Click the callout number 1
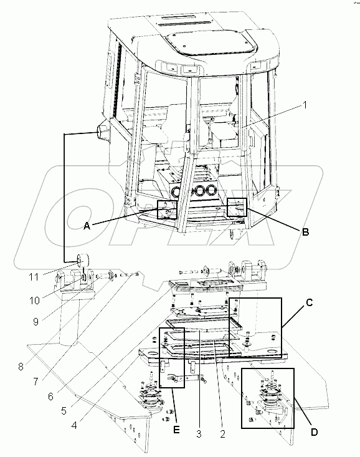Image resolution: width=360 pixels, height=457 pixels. tap(305, 105)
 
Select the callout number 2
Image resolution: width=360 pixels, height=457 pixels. tap(222, 434)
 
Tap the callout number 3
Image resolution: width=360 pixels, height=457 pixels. tap(199, 434)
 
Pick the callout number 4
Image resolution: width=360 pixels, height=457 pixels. tap(74, 426)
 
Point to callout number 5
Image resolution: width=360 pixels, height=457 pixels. tap(64, 411)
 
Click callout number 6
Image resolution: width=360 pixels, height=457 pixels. tap(50, 397)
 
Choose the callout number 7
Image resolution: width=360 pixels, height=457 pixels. tap(36, 382)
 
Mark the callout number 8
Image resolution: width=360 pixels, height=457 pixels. tap(21, 367)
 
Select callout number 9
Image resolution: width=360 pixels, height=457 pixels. tap(36, 322)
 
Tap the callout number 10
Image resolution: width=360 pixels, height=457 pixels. tap(34, 301)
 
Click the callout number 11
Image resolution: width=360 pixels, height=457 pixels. tap(34, 277)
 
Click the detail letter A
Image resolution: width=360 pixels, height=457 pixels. tap(87, 226)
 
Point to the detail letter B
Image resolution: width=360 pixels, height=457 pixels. tap(305, 232)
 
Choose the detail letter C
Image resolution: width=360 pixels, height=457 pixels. tap(310, 303)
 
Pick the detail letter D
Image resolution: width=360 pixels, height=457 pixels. tap(314, 432)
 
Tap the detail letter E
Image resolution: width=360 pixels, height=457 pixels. tap(176, 430)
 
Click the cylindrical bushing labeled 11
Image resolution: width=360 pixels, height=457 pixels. tap(82, 260)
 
